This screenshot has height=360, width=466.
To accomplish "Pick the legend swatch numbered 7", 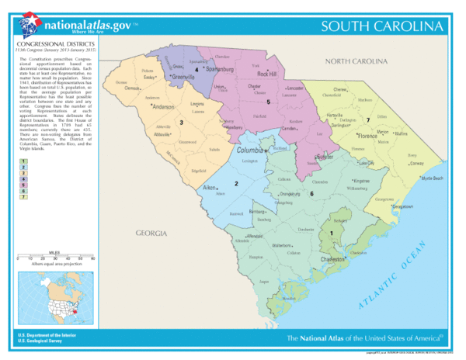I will [x=24, y=197].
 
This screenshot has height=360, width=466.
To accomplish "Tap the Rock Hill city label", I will [x=267, y=74].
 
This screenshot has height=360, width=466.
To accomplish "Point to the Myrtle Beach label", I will [x=430, y=178].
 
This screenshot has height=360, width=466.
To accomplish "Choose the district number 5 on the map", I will [x=268, y=102].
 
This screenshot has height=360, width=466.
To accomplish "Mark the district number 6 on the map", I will [x=311, y=193].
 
